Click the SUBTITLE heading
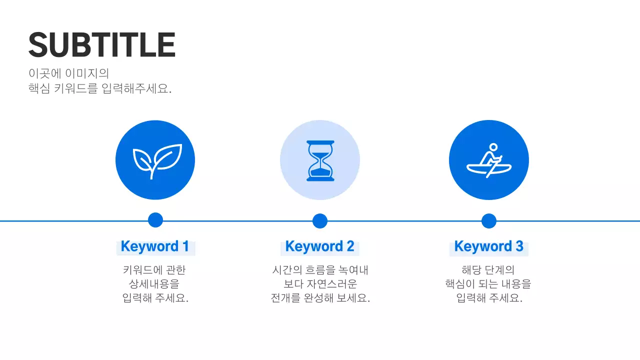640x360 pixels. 102,45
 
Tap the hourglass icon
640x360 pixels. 320,160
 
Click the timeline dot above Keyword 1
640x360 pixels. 155,220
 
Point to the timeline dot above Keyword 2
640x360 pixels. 320,220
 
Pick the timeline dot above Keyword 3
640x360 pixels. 488,220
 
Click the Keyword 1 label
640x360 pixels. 155,246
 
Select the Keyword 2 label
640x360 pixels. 319,246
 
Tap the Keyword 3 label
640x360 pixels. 488,246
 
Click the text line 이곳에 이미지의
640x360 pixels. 68,73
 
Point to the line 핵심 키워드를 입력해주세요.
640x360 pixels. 100,89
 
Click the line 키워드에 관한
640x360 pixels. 154,270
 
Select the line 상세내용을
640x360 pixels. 154,284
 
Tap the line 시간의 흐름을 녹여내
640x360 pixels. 320,270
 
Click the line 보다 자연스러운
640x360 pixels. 320,284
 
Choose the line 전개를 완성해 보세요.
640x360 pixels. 320,298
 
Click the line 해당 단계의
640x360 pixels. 488,270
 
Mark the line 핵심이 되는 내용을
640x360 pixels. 488,284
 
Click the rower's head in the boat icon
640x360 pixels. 493,147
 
